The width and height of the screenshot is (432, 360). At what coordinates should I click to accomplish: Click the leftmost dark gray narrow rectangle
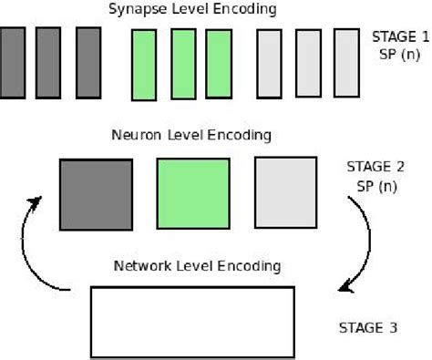point(12,62)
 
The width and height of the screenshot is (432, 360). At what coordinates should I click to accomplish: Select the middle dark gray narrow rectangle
point(48,62)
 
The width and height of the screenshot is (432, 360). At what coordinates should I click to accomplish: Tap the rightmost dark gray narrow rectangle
point(87,62)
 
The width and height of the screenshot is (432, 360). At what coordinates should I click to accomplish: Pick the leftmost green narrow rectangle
point(144,64)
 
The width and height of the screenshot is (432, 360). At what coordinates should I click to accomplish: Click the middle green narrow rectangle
point(183,64)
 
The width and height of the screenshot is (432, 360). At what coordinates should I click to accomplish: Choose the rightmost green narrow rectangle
point(218,64)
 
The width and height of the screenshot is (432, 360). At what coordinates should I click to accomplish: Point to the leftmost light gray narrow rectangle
point(270,63)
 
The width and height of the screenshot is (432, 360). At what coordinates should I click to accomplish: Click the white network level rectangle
point(192,321)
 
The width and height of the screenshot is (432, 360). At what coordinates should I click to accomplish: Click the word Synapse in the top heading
point(136,9)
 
